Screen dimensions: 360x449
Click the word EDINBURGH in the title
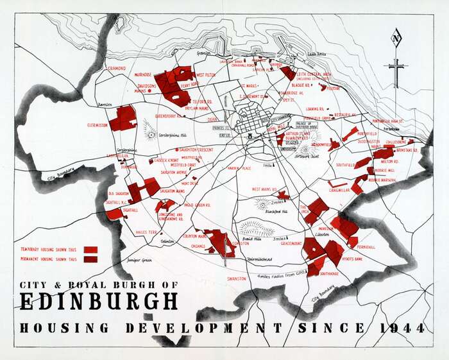[x=99, y=302]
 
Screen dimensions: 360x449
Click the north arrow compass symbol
[x=397, y=58]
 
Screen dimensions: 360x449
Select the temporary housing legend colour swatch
[x=90, y=250]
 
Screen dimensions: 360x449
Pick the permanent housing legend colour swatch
[x=90, y=259]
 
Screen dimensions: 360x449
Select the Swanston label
[x=237, y=279]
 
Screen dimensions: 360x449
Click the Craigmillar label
[x=339, y=190]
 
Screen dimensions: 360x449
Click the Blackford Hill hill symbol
[x=264, y=203]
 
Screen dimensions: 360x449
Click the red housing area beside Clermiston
[x=123, y=119]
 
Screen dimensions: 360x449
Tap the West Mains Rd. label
[x=264, y=189]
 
